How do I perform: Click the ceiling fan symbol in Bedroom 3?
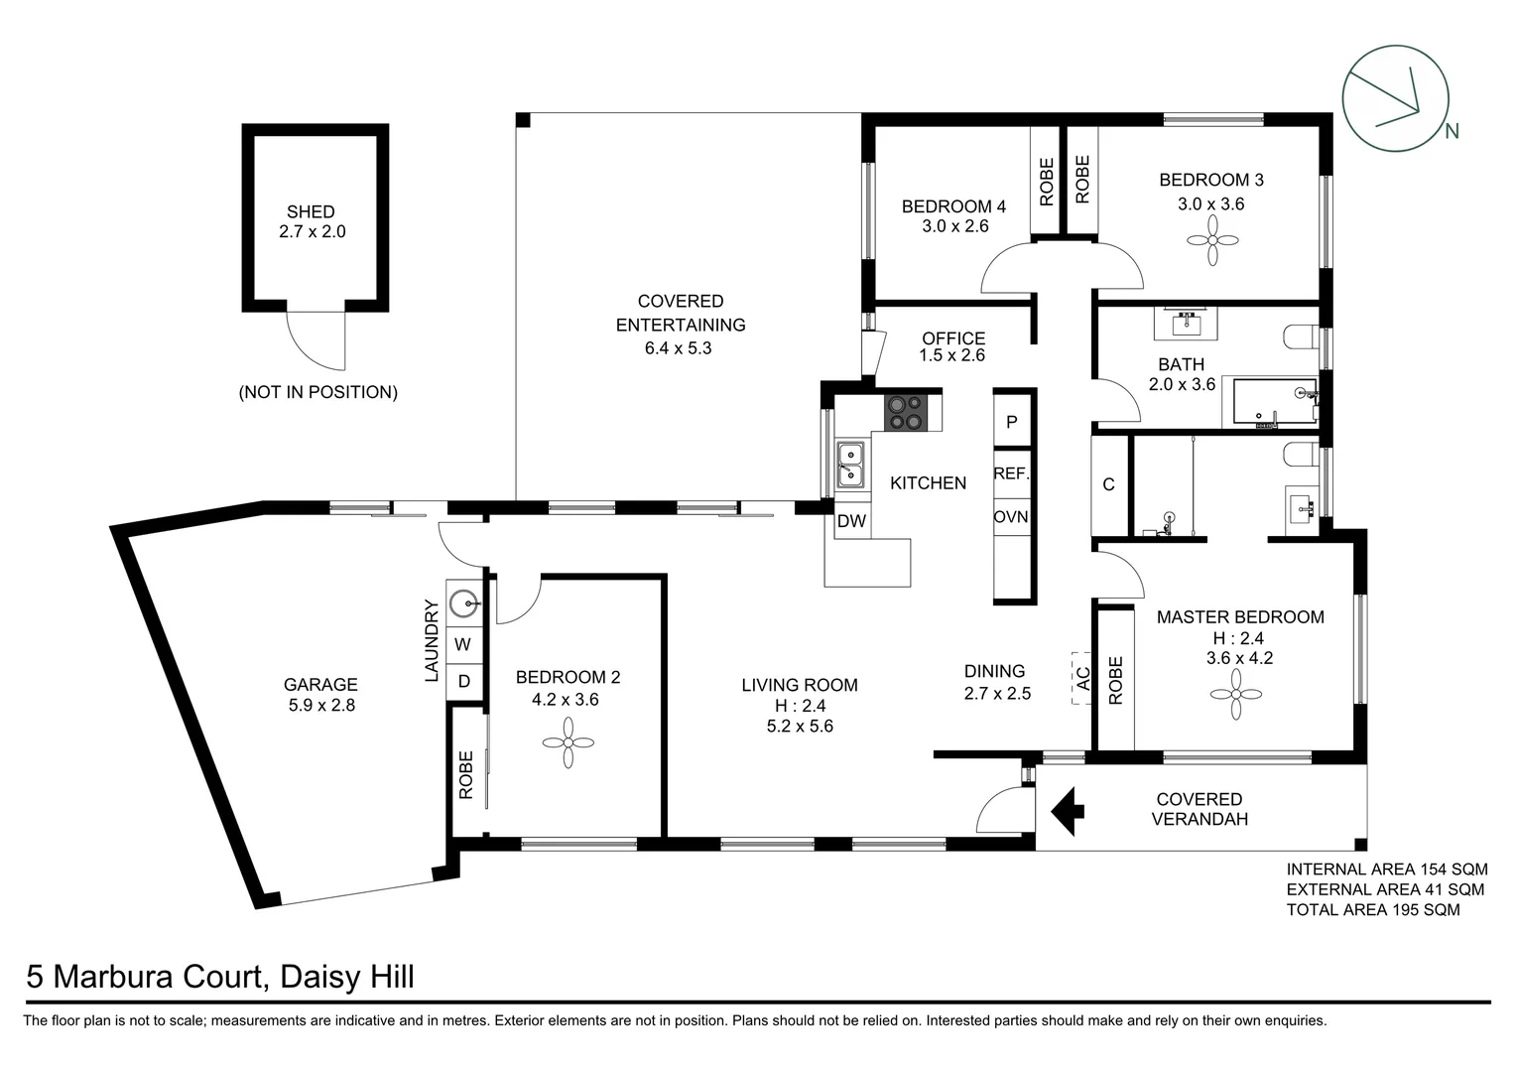(1211, 241)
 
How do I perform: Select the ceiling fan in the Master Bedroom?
(1236, 694)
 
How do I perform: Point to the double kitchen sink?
(849, 465)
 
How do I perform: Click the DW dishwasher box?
(851, 521)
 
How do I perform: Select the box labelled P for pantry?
(1012, 421)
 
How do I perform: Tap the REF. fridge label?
(1012, 473)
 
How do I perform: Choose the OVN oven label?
(1012, 517)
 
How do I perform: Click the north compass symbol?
(1389, 99)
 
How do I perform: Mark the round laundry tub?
(463, 603)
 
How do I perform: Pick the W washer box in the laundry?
(462, 644)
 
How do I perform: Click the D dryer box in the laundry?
(463, 681)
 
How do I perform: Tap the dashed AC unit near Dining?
(1081, 678)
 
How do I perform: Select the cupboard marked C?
(1109, 484)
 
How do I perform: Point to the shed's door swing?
(316, 337)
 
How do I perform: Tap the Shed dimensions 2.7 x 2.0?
(313, 232)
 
